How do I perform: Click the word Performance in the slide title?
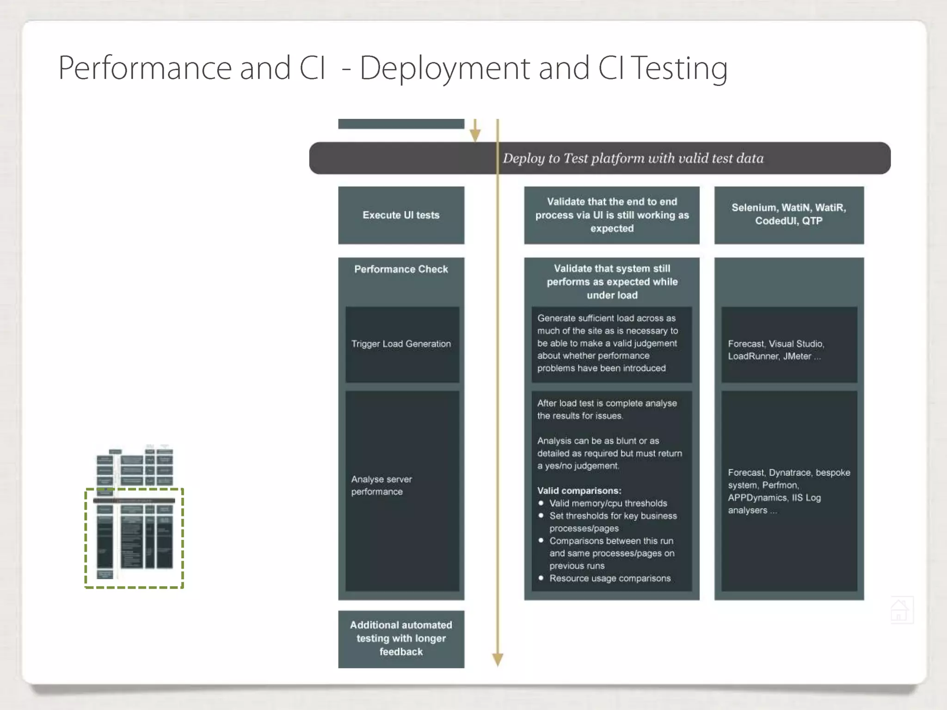point(145,68)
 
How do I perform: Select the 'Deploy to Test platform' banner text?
point(633,158)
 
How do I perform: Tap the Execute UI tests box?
point(401,215)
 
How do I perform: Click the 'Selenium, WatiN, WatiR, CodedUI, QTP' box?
point(788,214)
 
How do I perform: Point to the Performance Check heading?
point(401,269)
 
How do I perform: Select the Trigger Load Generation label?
point(401,344)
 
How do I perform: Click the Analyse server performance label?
point(381,485)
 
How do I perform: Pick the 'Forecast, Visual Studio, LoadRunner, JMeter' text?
point(776,350)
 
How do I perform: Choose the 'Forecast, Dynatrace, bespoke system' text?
point(788,491)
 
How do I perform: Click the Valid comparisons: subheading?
point(579,490)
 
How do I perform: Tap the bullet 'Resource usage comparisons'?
point(609,578)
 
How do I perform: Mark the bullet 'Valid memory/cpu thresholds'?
point(608,503)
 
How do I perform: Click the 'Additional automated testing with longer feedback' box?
point(401,638)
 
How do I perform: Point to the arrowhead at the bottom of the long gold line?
point(498,660)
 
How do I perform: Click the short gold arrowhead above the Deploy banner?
point(475,135)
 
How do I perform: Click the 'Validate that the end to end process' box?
point(612,215)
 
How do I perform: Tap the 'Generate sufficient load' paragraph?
point(607,343)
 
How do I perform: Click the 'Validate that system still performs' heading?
point(612,282)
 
